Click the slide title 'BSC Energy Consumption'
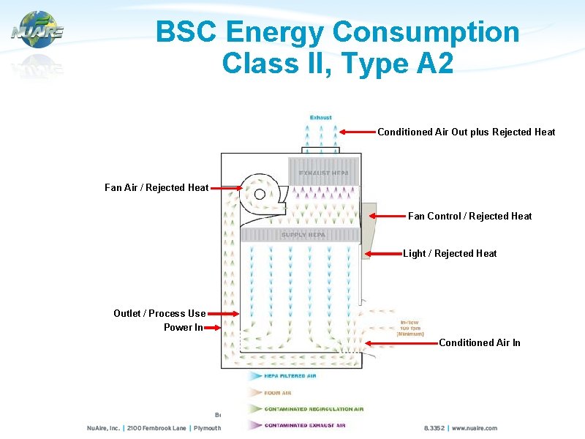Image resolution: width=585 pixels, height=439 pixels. pos(337,32)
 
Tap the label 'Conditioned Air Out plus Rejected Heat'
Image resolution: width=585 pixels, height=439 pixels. pos(466,132)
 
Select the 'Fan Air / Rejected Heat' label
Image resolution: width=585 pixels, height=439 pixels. pos(156,188)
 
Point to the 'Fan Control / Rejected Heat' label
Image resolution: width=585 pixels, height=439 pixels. pos(469,216)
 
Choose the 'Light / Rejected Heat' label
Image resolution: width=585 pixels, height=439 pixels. pos(450,254)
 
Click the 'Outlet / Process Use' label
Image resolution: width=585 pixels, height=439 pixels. pos(159,313)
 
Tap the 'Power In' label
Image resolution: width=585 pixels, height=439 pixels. pos(184,327)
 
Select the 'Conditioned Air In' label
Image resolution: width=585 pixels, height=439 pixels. pos(480,342)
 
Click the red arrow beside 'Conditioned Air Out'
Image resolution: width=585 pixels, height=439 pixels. pos(358,132)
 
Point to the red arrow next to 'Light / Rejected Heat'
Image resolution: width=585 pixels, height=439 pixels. pos(384,254)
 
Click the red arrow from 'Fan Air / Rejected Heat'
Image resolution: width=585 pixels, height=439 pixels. pos(226,188)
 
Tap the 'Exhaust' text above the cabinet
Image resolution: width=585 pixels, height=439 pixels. pos(320,117)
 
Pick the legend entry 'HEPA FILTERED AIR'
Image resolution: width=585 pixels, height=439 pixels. pos(290,375)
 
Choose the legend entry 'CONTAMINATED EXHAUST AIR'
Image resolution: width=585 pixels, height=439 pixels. pos(313,425)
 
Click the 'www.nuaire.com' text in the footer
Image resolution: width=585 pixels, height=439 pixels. pos(474,428)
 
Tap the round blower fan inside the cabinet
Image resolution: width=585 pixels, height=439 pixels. pos(258,194)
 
